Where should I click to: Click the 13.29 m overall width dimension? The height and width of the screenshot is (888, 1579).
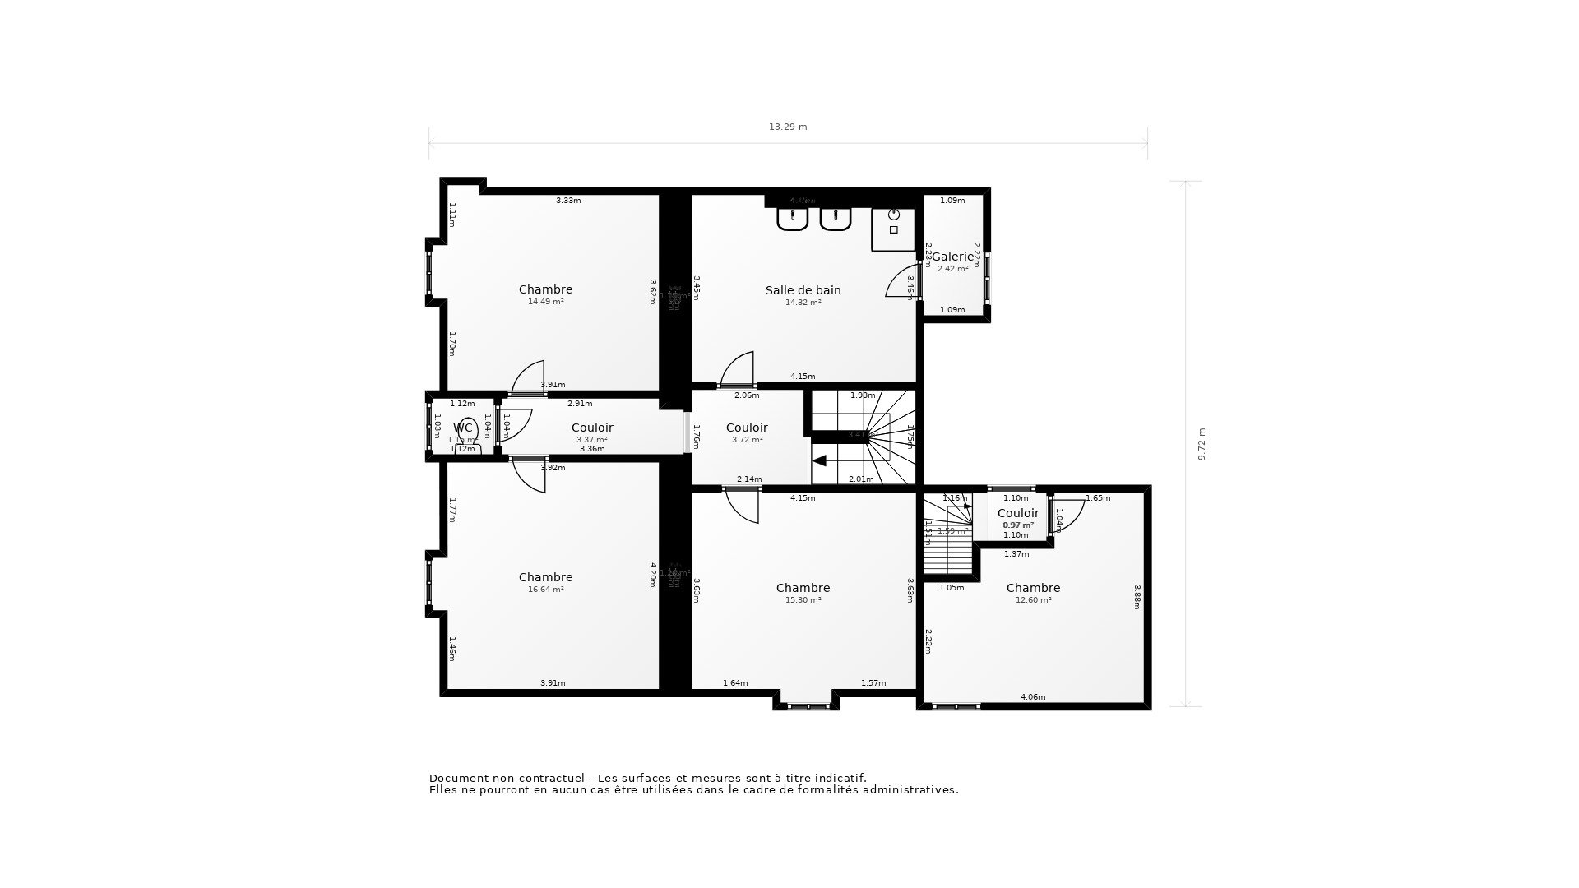pos(788,127)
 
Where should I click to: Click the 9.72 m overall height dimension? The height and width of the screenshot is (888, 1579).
pos(1202,443)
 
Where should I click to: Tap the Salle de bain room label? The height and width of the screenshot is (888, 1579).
pos(803,290)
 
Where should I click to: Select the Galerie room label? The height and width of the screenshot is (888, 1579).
pos(952,257)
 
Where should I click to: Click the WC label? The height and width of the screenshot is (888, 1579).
pos(462,428)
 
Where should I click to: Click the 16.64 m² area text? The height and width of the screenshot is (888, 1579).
pos(545,590)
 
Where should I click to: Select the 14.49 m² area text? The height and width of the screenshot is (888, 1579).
pos(545,302)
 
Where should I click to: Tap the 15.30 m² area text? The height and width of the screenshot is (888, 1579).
pos(803,600)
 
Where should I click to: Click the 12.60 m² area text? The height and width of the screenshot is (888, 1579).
pos(1033,600)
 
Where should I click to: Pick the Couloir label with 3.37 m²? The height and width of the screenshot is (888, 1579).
pos(592,428)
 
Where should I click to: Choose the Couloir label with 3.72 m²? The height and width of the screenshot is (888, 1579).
pos(747,428)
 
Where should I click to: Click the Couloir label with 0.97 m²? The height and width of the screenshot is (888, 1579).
pos(1018,513)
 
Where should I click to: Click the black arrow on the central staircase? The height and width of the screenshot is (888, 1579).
pos(819,461)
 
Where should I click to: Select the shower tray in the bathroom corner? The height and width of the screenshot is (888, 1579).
pos(893,229)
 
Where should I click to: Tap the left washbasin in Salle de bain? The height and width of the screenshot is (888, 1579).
pos(793,219)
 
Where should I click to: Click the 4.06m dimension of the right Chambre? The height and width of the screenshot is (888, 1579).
pos(1033,697)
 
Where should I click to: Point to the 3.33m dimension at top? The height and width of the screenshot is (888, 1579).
pos(568,201)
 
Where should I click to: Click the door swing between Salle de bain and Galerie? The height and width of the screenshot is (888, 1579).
pos(903,281)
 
